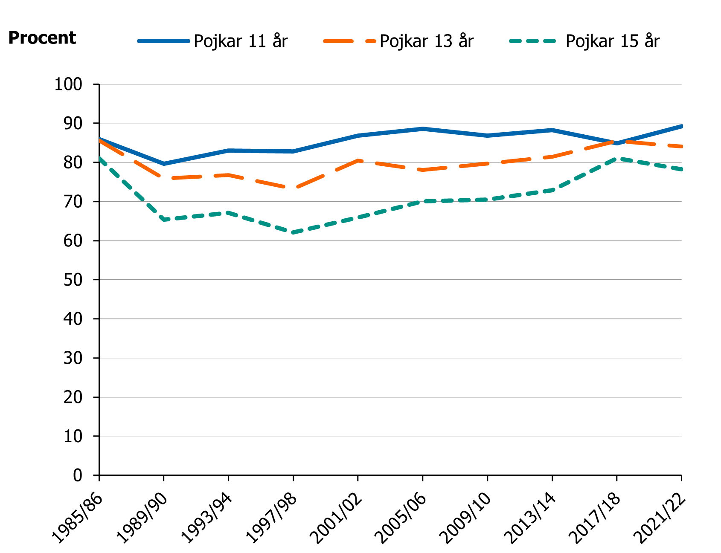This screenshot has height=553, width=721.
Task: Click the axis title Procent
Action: pyautogui.click(x=42, y=38)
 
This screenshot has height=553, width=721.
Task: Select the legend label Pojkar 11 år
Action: pyautogui.click(x=241, y=41)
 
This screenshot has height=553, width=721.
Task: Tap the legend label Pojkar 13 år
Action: pyautogui.click(x=427, y=41)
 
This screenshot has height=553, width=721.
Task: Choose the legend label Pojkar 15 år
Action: pyautogui.click(x=612, y=41)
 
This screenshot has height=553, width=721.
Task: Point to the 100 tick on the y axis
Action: pyautogui.click(x=68, y=84)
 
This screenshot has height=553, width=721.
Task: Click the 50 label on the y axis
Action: pyautogui.click(x=73, y=280)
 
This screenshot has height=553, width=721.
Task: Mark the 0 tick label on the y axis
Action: pyautogui.click(x=78, y=475)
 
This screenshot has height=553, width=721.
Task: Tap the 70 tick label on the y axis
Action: pyautogui.click(x=73, y=202)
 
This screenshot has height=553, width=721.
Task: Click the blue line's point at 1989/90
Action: pyautogui.click(x=164, y=164)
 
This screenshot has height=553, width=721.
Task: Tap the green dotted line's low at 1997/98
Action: pyautogui.click(x=293, y=233)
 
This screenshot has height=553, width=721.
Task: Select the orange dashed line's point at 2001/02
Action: pyautogui.click(x=358, y=160)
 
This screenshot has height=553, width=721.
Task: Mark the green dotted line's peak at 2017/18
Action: pyautogui.click(x=617, y=159)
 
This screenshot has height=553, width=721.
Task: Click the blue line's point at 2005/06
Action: pyautogui.click(x=423, y=128)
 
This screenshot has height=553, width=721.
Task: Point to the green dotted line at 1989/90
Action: pyautogui.click(x=164, y=220)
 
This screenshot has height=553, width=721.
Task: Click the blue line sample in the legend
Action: pyautogui.click(x=163, y=41)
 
